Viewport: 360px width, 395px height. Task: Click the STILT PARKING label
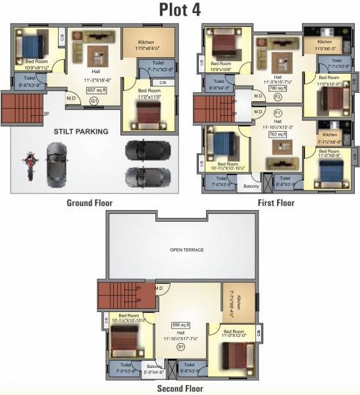coord(81,131)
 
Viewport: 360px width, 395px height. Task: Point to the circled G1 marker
coord(95,101)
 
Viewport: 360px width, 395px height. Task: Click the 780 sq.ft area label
coord(278,88)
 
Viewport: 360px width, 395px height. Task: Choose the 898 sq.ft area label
coord(180,325)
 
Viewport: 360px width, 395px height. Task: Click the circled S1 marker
coord(180,346)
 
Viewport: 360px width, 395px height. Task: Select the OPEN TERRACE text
coord(187,250)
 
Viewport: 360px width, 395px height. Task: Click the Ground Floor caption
coord(90,203)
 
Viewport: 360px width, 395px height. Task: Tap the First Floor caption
coord(276,203)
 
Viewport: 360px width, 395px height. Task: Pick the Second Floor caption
coord(180,389)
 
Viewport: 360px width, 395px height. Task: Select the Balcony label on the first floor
coord(251,186)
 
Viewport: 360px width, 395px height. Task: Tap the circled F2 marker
coord(278,97)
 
